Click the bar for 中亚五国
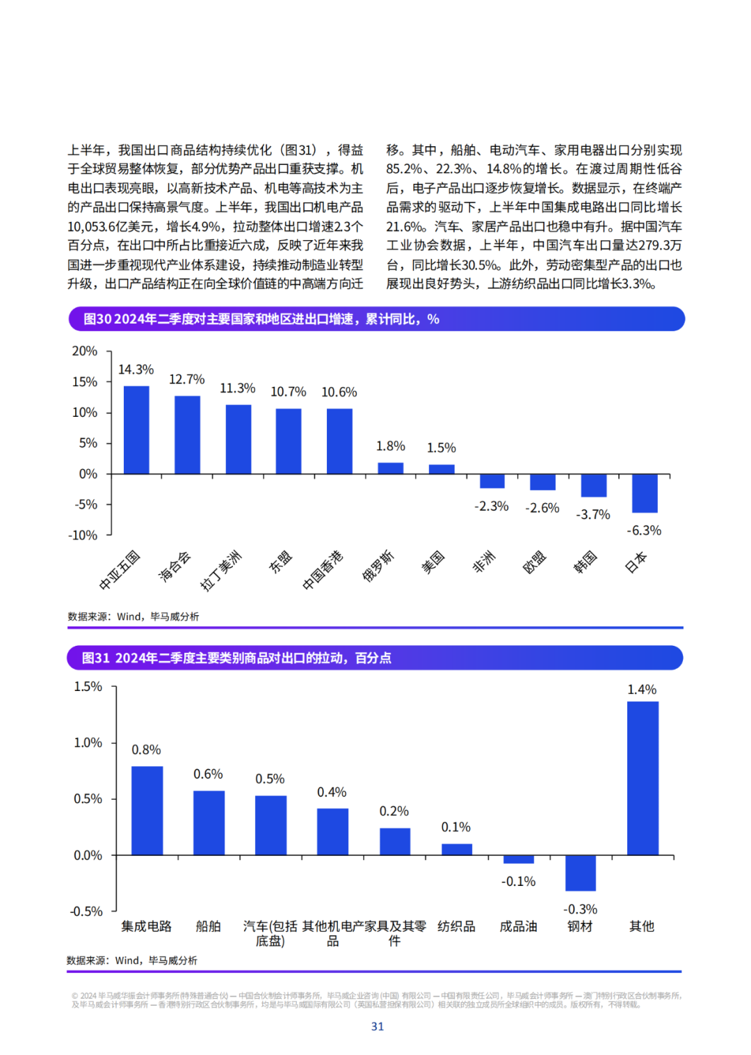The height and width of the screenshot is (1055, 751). click(136, 429)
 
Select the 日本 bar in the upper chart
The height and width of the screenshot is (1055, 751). click(645, 493)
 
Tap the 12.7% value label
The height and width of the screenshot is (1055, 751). click(187, 379)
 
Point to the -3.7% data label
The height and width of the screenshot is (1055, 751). click(593, 514)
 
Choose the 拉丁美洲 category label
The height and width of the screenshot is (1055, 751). click(220, 570)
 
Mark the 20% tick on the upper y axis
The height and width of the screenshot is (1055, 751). click(85, 351)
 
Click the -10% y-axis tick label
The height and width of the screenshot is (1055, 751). click(83, 535)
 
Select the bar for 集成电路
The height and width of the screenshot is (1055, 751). click(147, 811)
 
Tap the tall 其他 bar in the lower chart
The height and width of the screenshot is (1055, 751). click(643, 778)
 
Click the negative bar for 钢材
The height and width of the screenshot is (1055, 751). click(581, 873)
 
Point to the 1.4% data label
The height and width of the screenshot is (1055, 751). click(642, 690)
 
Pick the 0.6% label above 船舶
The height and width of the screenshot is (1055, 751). click(208, 774)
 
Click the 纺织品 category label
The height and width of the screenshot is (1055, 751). click(456, 926)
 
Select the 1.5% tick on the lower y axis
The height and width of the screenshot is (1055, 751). click(88, 687)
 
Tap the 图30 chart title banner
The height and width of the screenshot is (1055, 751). click(376, 319)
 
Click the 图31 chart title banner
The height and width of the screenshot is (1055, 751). click(375, 658)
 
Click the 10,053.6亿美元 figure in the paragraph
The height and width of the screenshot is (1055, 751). click(111, 227)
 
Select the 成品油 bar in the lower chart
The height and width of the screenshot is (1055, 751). click(519, 859)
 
